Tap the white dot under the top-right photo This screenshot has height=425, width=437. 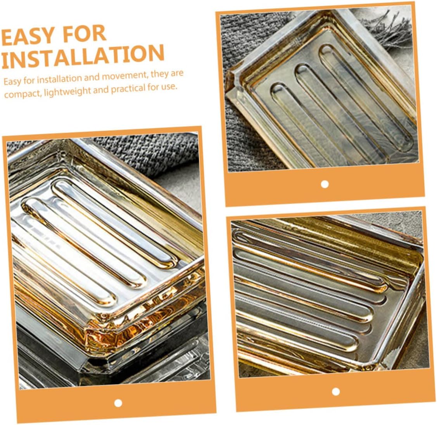pyautogui.click(x=325, y=184)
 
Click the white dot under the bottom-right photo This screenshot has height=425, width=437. pyautogui.click(x=336, y=392)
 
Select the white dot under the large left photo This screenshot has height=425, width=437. pyautogui.click(x=118, y=403)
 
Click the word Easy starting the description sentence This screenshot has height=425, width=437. pyautogui.click(x=12, y=82)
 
